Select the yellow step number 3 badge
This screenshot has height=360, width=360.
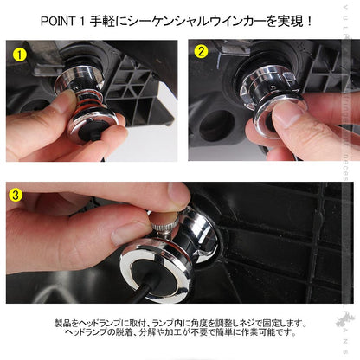(16, 194)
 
